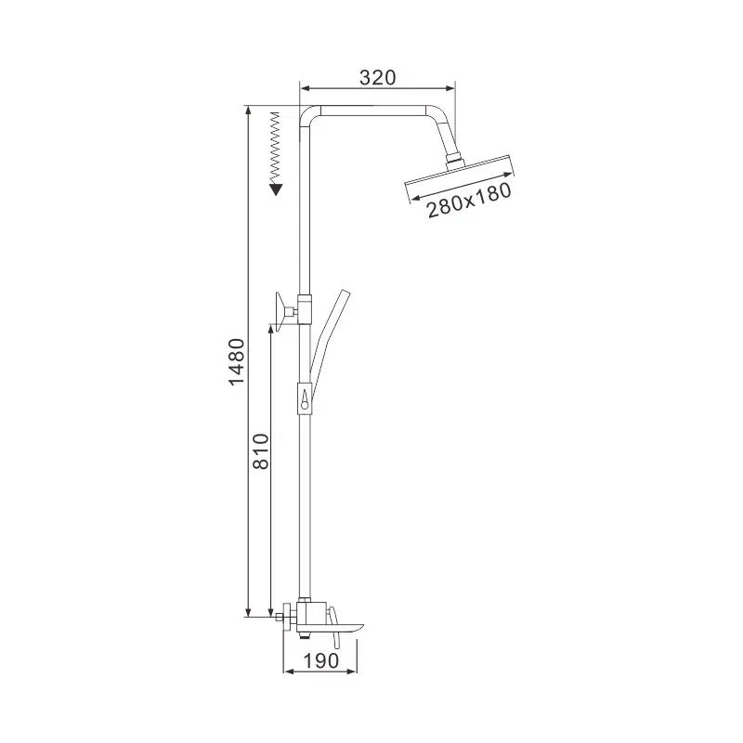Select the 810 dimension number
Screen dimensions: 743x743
[260, 450]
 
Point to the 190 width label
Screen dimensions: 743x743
[319, 662]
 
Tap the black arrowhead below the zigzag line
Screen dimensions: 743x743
[275, 189]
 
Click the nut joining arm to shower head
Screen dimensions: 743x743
[453, 161]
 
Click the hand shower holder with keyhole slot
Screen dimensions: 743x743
[305, 398]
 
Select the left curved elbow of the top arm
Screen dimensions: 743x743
[307, 115]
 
